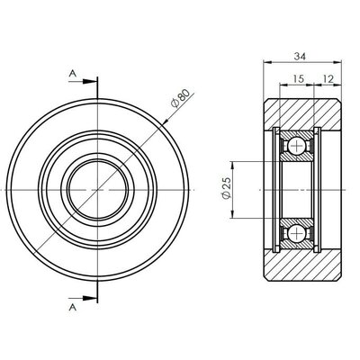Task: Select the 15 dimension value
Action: [x=297, y=80]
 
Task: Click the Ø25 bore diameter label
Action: [x=224, y=190]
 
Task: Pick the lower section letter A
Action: [x=71, y=306]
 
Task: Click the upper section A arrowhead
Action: [x=92, y=82]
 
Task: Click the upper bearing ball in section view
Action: [x=296, y=147]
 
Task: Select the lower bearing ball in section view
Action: [x=296, y=234]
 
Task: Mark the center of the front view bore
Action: [x=98, y=191]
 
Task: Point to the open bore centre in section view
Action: [x=296, y=191]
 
